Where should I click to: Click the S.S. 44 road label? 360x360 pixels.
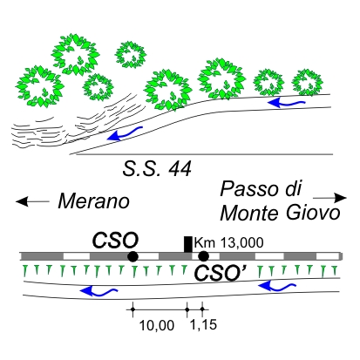pos(157,169)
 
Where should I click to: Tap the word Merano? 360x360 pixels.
pos(93,201)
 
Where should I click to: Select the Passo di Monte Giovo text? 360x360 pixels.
pos(280,201)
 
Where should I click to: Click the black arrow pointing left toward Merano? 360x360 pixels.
pos(32,201)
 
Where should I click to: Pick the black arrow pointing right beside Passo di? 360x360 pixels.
pos(329,198)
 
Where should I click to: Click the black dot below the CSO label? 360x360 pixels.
pos(132,256)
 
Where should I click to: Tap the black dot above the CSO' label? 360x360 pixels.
pos(203,256)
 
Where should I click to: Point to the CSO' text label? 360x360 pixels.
pos(221,273)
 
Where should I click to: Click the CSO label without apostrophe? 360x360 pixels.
pos(115,241)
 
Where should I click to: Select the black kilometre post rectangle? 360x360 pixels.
pos(188,245)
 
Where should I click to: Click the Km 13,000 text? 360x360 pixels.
pos(229,242)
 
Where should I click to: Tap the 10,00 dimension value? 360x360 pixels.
pos(157,325)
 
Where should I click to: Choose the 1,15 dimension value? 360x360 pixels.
pos(203,324)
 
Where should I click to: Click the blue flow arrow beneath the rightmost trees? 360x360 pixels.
pos(286,103)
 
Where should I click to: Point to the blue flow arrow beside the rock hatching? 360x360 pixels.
pos(125,134)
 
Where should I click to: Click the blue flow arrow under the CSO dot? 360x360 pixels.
pos(98,291)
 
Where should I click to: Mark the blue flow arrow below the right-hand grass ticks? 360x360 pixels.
pos(277,286)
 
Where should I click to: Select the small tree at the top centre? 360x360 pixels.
pos(131,54)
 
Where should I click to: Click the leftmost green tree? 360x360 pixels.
pos(40,86)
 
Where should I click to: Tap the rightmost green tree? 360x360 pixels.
pos(307,82)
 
